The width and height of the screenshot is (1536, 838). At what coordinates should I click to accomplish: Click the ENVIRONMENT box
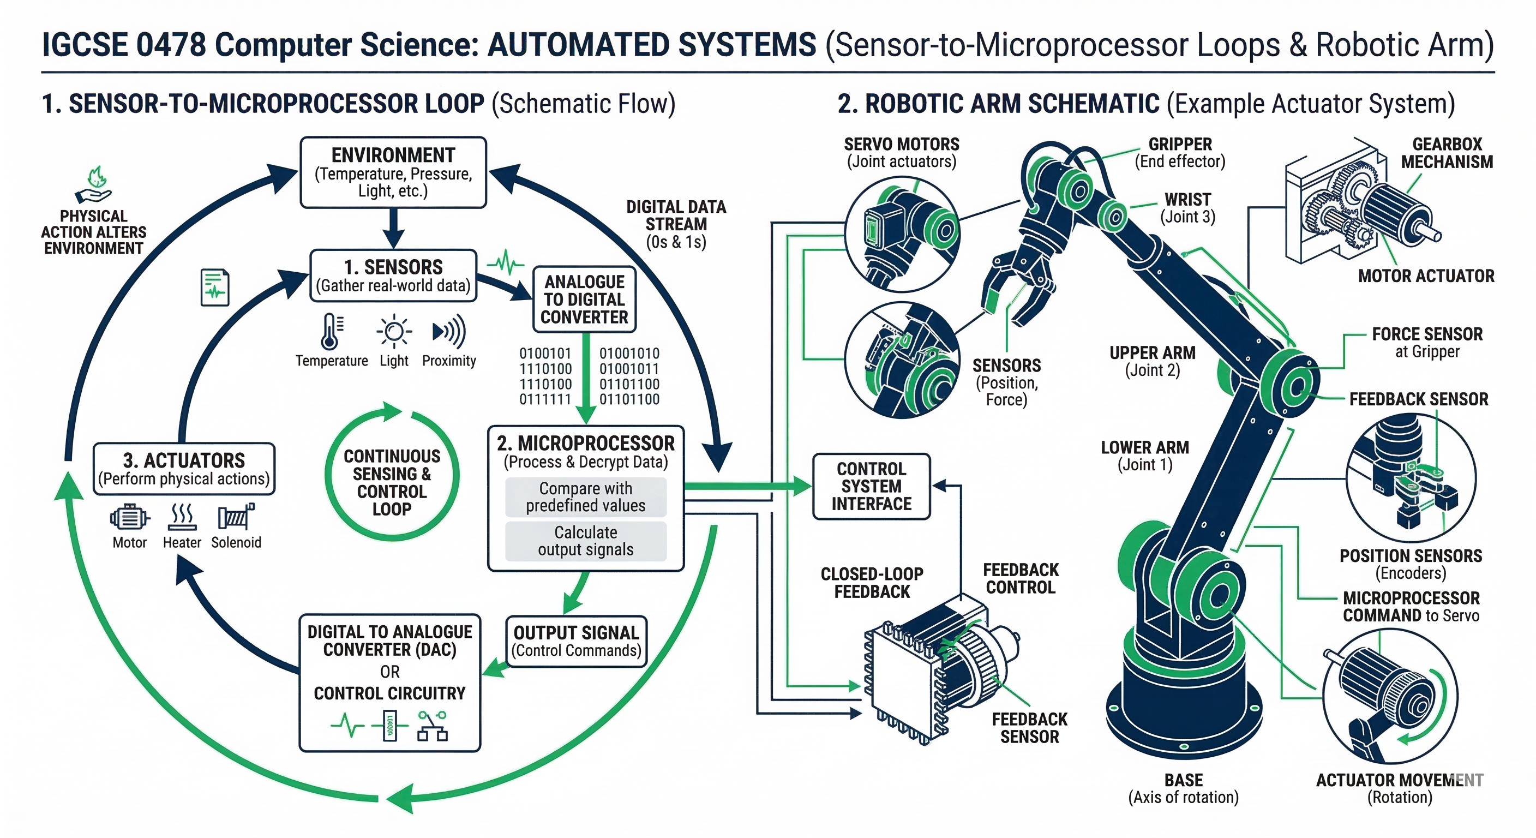[393, 172]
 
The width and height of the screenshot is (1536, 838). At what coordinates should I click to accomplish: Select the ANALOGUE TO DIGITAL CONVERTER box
[584, 300]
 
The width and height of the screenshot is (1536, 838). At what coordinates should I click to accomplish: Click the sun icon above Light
[393, 331]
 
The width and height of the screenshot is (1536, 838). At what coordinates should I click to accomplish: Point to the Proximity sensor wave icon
[448, 332]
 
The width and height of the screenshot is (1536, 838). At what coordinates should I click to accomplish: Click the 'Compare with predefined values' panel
[585, 497]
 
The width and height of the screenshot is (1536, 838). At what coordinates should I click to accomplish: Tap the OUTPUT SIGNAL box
[576, 641]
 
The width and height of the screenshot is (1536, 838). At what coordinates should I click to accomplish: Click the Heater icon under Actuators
[182, 517]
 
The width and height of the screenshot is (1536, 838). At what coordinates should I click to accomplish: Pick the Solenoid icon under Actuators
[236, 517]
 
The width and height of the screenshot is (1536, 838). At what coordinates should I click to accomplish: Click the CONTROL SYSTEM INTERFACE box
[871, 486]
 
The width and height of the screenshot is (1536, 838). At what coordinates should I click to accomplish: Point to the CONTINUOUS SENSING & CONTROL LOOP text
[392, 482]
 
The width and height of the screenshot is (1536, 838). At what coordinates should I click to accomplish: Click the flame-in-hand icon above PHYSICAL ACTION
[94, 185]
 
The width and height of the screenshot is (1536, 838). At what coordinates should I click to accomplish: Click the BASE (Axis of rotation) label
[1183, 788]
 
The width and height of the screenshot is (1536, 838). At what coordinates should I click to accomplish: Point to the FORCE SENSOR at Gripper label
[1426, 343]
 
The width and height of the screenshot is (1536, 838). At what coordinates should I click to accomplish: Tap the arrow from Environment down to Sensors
[393, 228]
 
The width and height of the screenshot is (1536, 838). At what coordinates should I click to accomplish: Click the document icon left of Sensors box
[215, 288]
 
